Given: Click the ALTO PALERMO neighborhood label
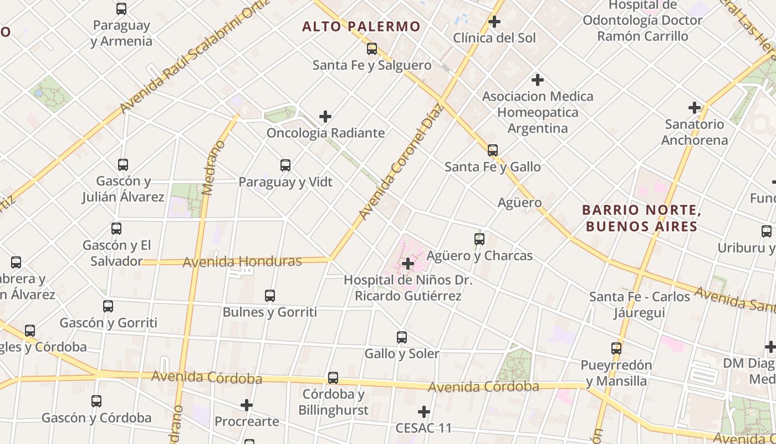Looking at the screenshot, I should (361, 26).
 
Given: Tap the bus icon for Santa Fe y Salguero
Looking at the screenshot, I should (372, 49).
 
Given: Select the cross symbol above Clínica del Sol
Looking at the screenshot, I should (494, 22).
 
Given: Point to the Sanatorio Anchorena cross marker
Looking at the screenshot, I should (695, 108).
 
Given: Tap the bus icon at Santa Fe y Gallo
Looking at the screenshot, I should (492, 150).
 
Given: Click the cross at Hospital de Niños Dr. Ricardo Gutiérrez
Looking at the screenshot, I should (408, 264).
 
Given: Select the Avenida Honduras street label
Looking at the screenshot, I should (242, 261).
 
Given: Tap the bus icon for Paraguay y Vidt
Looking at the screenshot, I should (285, 165).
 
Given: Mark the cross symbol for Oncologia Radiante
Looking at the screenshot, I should (325, 117).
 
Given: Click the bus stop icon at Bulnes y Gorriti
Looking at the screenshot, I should (270, 296).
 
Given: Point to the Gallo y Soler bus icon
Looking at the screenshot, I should (402, 337).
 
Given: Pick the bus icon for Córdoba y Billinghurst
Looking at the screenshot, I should (333, 378).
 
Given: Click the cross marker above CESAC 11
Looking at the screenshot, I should (424, 412).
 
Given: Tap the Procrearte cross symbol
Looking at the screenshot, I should (247, 406).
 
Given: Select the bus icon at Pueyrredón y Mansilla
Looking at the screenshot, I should (616, 349).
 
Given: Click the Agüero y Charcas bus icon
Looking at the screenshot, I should (479, 239).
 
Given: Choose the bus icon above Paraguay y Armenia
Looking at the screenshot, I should (121, 9).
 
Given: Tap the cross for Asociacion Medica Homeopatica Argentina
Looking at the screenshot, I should (537, 80).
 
